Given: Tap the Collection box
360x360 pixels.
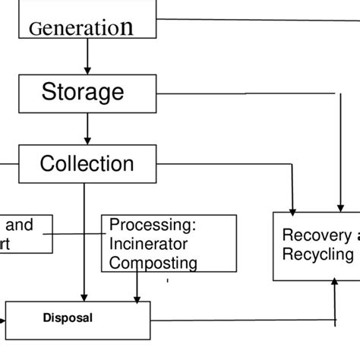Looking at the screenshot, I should tap(87, 163).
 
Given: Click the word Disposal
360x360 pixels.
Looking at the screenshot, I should tap(68, 318).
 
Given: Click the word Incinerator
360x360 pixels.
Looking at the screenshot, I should tap(147, 244).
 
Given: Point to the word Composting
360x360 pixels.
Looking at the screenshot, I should tap(153, 263).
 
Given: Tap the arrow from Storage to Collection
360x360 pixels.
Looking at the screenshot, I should tap(88, 128).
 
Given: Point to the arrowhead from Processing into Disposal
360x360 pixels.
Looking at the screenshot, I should tap(137, 296).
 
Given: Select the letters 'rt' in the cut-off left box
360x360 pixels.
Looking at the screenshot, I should tap(5, 245).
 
